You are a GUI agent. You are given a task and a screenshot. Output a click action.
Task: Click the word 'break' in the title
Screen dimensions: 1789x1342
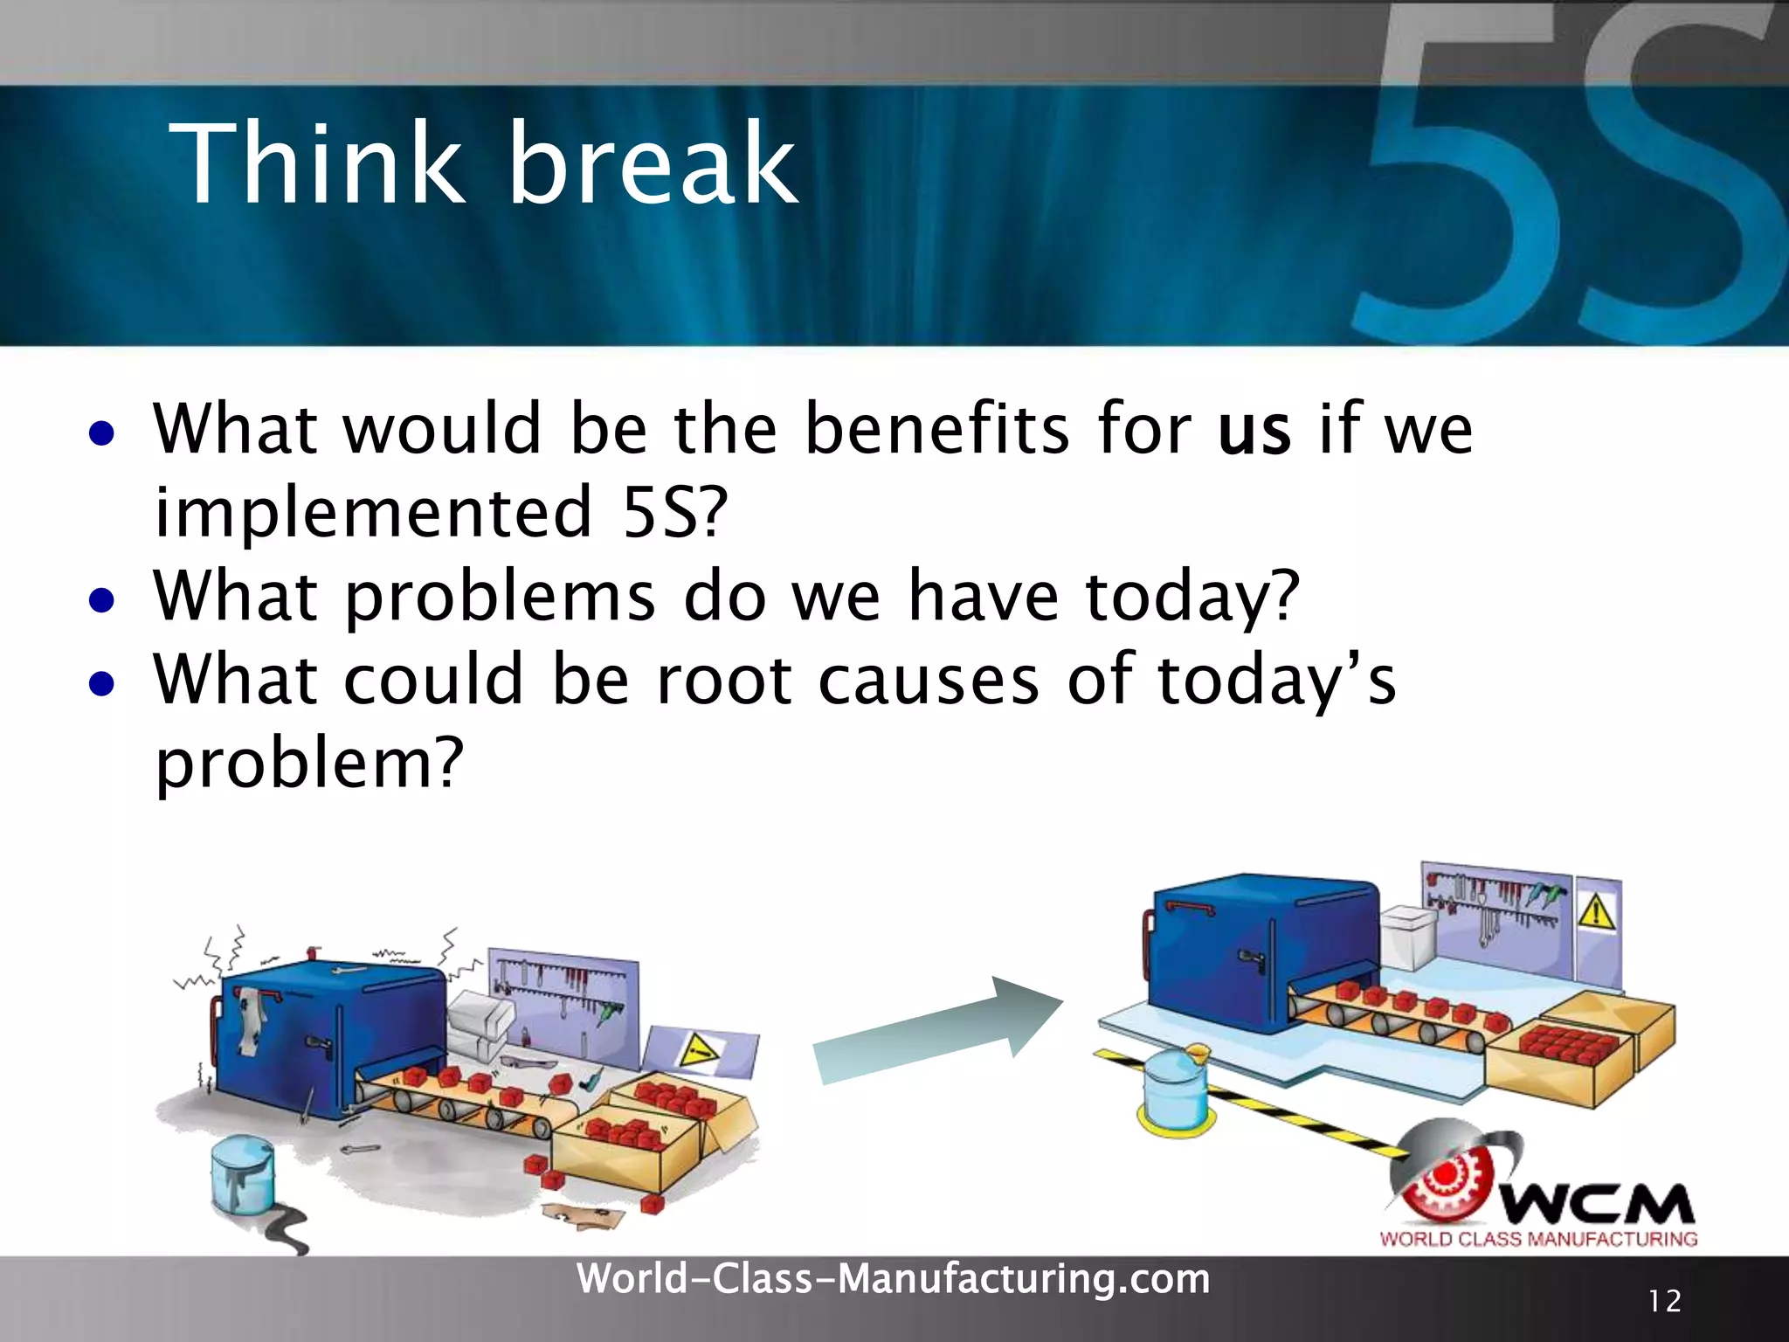click(x=653, y=163)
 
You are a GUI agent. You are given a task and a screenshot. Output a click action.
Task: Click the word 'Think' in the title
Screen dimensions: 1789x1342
click(x=316, y=163)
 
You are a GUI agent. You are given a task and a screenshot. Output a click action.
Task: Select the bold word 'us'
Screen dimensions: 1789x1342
click(x=1254, y=431)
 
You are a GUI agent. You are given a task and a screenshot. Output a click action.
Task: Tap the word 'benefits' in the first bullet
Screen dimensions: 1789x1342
click(x=936, y=427)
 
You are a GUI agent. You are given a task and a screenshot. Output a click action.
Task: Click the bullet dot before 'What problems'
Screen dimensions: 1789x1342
click(x=101, y=600)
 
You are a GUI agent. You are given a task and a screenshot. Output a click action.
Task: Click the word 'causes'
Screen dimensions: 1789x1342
click(x=929, y=681)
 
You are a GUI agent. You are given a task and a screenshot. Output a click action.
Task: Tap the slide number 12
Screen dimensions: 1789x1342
click(x=1665, y=1302)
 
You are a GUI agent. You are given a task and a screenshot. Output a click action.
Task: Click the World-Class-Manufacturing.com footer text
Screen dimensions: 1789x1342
click(x=894, y=1279)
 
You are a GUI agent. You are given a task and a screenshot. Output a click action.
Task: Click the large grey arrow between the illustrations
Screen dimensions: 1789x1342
click(x=936, y=1032)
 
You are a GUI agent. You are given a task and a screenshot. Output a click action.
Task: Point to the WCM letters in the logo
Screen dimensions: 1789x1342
click(x=1599, y=1204)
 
